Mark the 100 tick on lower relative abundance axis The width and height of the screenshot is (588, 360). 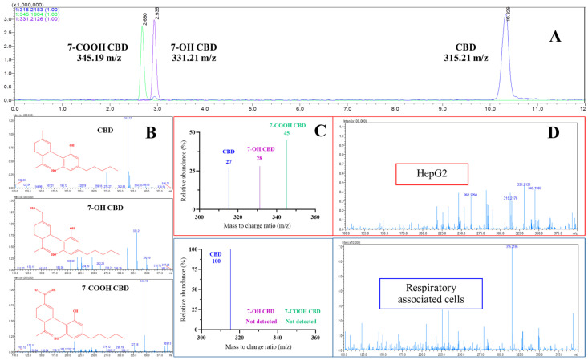pos(191,249)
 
